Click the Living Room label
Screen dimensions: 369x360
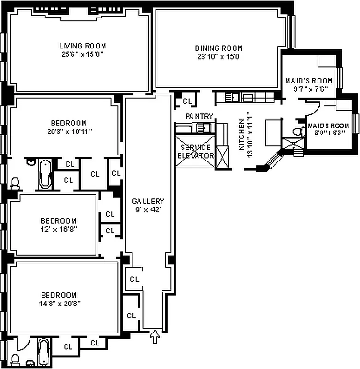click(x=82, y=46)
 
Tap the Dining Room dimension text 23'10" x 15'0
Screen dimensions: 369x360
click(x=218, y=57)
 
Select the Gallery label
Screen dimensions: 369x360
click(x=148, y=201)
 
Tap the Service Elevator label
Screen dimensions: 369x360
click(x=196, y=152)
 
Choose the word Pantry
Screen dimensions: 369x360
click(x=199, y=117)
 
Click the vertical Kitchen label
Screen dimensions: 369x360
click(x=241, y=134)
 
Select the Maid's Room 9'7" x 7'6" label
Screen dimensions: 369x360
click(x=308, y=81)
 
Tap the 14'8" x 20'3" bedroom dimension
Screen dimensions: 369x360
click(x=58, y=303)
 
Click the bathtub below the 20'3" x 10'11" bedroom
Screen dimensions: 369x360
click(x=45, y=174)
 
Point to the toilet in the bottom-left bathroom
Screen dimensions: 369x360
click(x=15, y=359)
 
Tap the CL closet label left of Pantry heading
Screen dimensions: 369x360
click(x=187, y=101)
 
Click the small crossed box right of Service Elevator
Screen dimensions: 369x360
click(x=222, y=157)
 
